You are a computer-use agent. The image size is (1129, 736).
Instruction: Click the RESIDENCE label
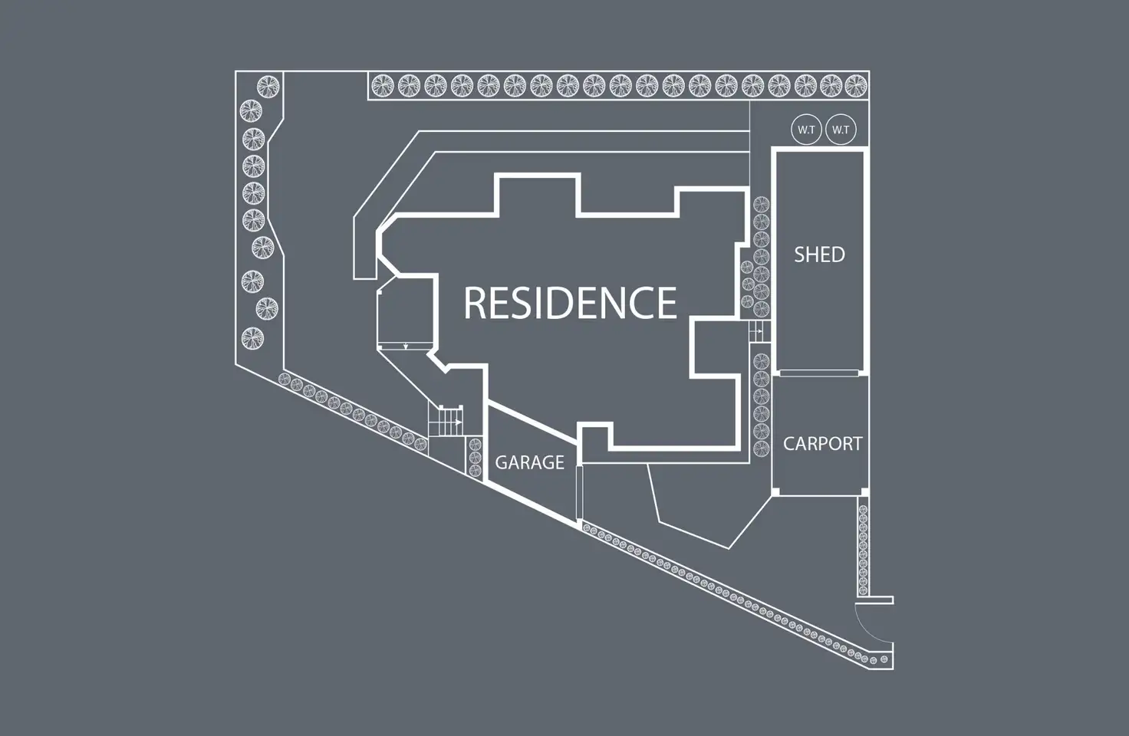click(570, 302)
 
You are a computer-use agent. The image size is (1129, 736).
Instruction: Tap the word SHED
click(819, 255)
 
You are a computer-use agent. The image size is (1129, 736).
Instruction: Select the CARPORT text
click(822, 444)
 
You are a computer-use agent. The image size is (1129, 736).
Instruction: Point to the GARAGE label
click(529, 462)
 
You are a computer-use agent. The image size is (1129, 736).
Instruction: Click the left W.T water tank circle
click(806, 130)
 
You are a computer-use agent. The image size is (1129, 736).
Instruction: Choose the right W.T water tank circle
click(841, 130)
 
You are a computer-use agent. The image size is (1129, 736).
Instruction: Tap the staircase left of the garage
click(446, 421)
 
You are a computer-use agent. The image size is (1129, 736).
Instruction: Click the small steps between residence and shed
click(757, 332)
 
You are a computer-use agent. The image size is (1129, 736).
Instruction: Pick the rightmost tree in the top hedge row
click(855, 85)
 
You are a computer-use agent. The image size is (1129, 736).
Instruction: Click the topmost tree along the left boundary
click(268, 85)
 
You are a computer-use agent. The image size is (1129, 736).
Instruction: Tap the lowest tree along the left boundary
click(252, 338)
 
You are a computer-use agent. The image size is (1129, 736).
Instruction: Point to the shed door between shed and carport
click(818, 373)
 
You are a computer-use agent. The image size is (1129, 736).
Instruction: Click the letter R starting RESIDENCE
click(475, 302)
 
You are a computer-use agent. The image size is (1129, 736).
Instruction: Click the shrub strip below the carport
click(863, 547)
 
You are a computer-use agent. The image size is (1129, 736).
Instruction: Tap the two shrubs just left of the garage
click(474, 455)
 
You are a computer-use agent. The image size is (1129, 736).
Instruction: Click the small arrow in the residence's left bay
click(405, 346)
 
